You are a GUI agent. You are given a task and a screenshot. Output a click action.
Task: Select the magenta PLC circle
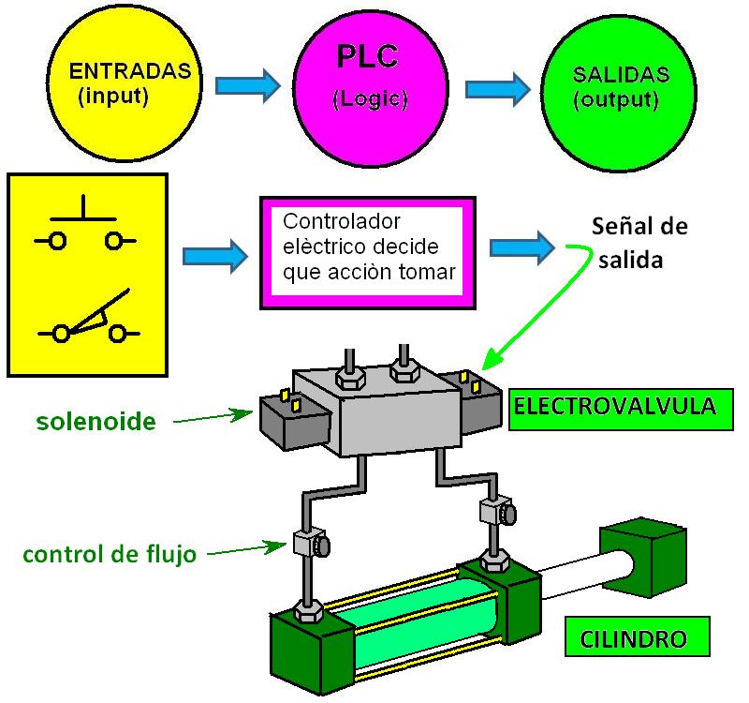coord(367,85)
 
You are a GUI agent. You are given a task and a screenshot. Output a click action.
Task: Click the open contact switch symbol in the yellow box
coord(89,323)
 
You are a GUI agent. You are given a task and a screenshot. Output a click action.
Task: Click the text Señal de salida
coord(639,243)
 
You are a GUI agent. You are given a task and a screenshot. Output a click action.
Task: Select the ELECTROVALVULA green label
coord(614,408)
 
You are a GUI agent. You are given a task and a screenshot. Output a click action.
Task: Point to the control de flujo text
coord(109,554)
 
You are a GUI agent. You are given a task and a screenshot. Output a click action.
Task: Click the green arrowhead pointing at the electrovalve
coord(488,362)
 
